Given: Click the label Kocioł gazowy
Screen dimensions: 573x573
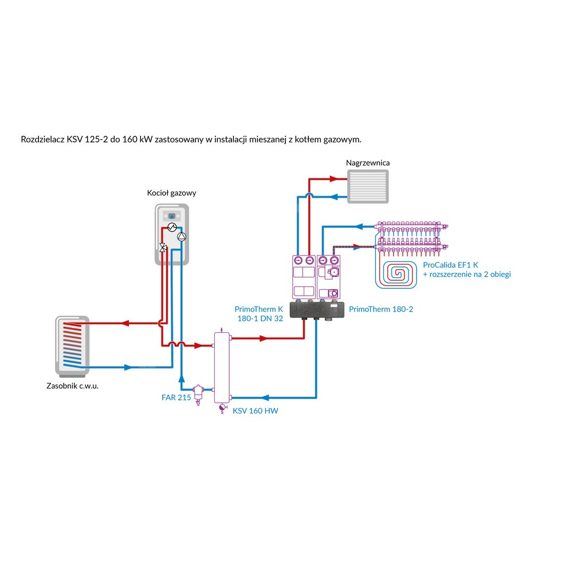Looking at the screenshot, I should click(x=172, y=193).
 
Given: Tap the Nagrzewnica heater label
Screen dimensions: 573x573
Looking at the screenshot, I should click(x=368, y=163).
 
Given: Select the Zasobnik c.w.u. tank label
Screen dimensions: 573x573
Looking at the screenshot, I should click(x=76, y=386).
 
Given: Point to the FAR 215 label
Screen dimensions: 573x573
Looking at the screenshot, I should click(x=176, y=397).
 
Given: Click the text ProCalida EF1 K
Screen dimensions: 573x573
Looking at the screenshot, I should click(x=450, y=265).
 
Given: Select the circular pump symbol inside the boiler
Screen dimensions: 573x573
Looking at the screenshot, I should click(x=181, y=236).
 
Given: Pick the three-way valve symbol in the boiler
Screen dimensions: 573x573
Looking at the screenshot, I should click(x=163, y=248).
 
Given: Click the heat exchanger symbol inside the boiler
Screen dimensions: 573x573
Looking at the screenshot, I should click(x=171, y=227).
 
